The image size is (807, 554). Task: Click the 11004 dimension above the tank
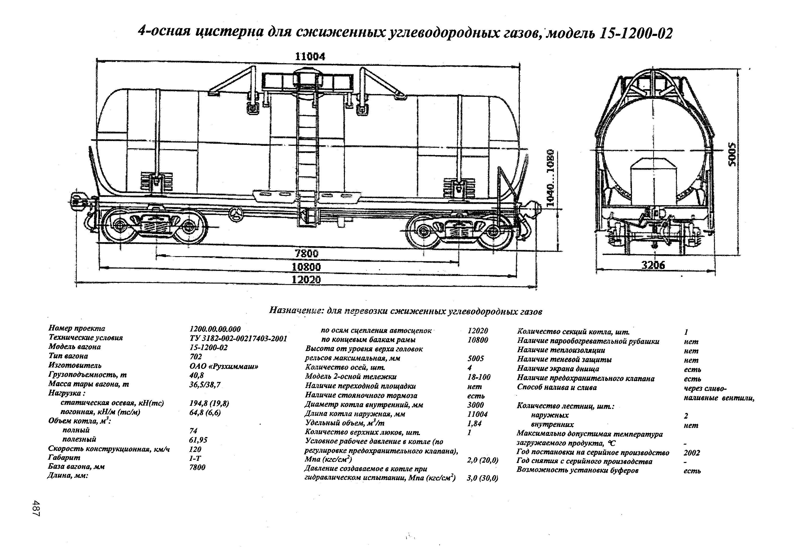pos(310,57)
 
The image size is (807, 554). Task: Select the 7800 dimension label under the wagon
pos(306,254)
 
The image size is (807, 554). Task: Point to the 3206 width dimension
pos(653,265)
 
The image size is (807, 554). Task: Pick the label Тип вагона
pos(68,356)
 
